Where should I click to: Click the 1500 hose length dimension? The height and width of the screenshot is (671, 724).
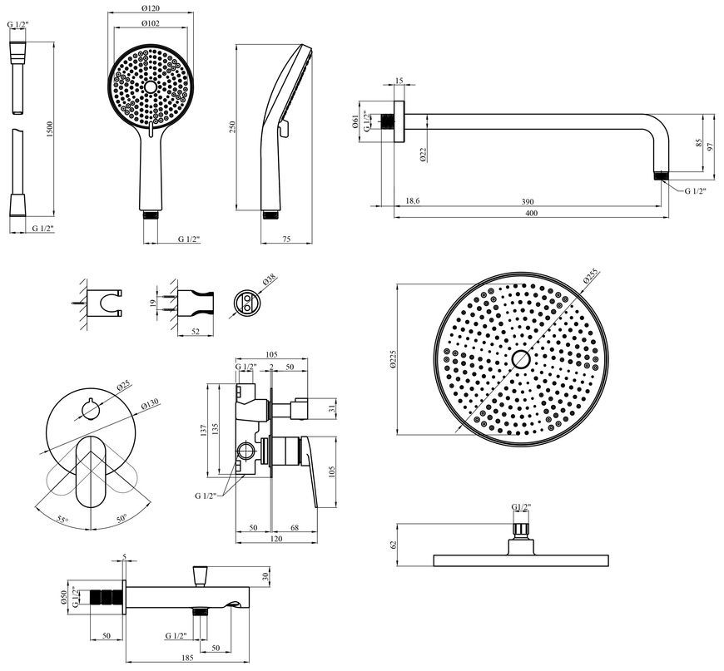click(x=50, y=129)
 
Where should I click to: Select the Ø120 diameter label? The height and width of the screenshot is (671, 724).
click(x=151, y=8)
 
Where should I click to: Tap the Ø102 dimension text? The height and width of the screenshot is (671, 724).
click(x=151, y=23)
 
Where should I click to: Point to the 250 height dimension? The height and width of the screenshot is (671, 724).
click(x=232, y=127)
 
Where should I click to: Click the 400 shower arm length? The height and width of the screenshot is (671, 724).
click(x=532, y=213)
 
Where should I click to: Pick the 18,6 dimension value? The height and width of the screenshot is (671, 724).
click(x=412, y=201)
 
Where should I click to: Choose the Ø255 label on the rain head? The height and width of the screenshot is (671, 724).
click(x=590, y=275)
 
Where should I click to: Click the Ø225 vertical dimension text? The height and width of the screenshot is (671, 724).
click(x=393, y=358)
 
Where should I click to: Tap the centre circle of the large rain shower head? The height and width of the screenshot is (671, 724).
click(x=521, y=358)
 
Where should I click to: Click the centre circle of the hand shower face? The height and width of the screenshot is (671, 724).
click(x=151, y=86)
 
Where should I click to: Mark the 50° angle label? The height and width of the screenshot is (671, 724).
click(x=121, y=519)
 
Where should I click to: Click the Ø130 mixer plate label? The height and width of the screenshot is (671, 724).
click(x=150, y=404)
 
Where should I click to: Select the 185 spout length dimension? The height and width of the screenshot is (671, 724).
click(x=187, y=658)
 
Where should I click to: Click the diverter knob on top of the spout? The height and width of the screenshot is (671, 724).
click(x=200, y=575)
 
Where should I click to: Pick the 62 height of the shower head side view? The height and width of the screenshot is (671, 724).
click(x=394, y=545)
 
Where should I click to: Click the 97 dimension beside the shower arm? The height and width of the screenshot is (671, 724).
click(x=710, y=146)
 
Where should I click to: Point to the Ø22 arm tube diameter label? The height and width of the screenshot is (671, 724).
click(x=424, y=155)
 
